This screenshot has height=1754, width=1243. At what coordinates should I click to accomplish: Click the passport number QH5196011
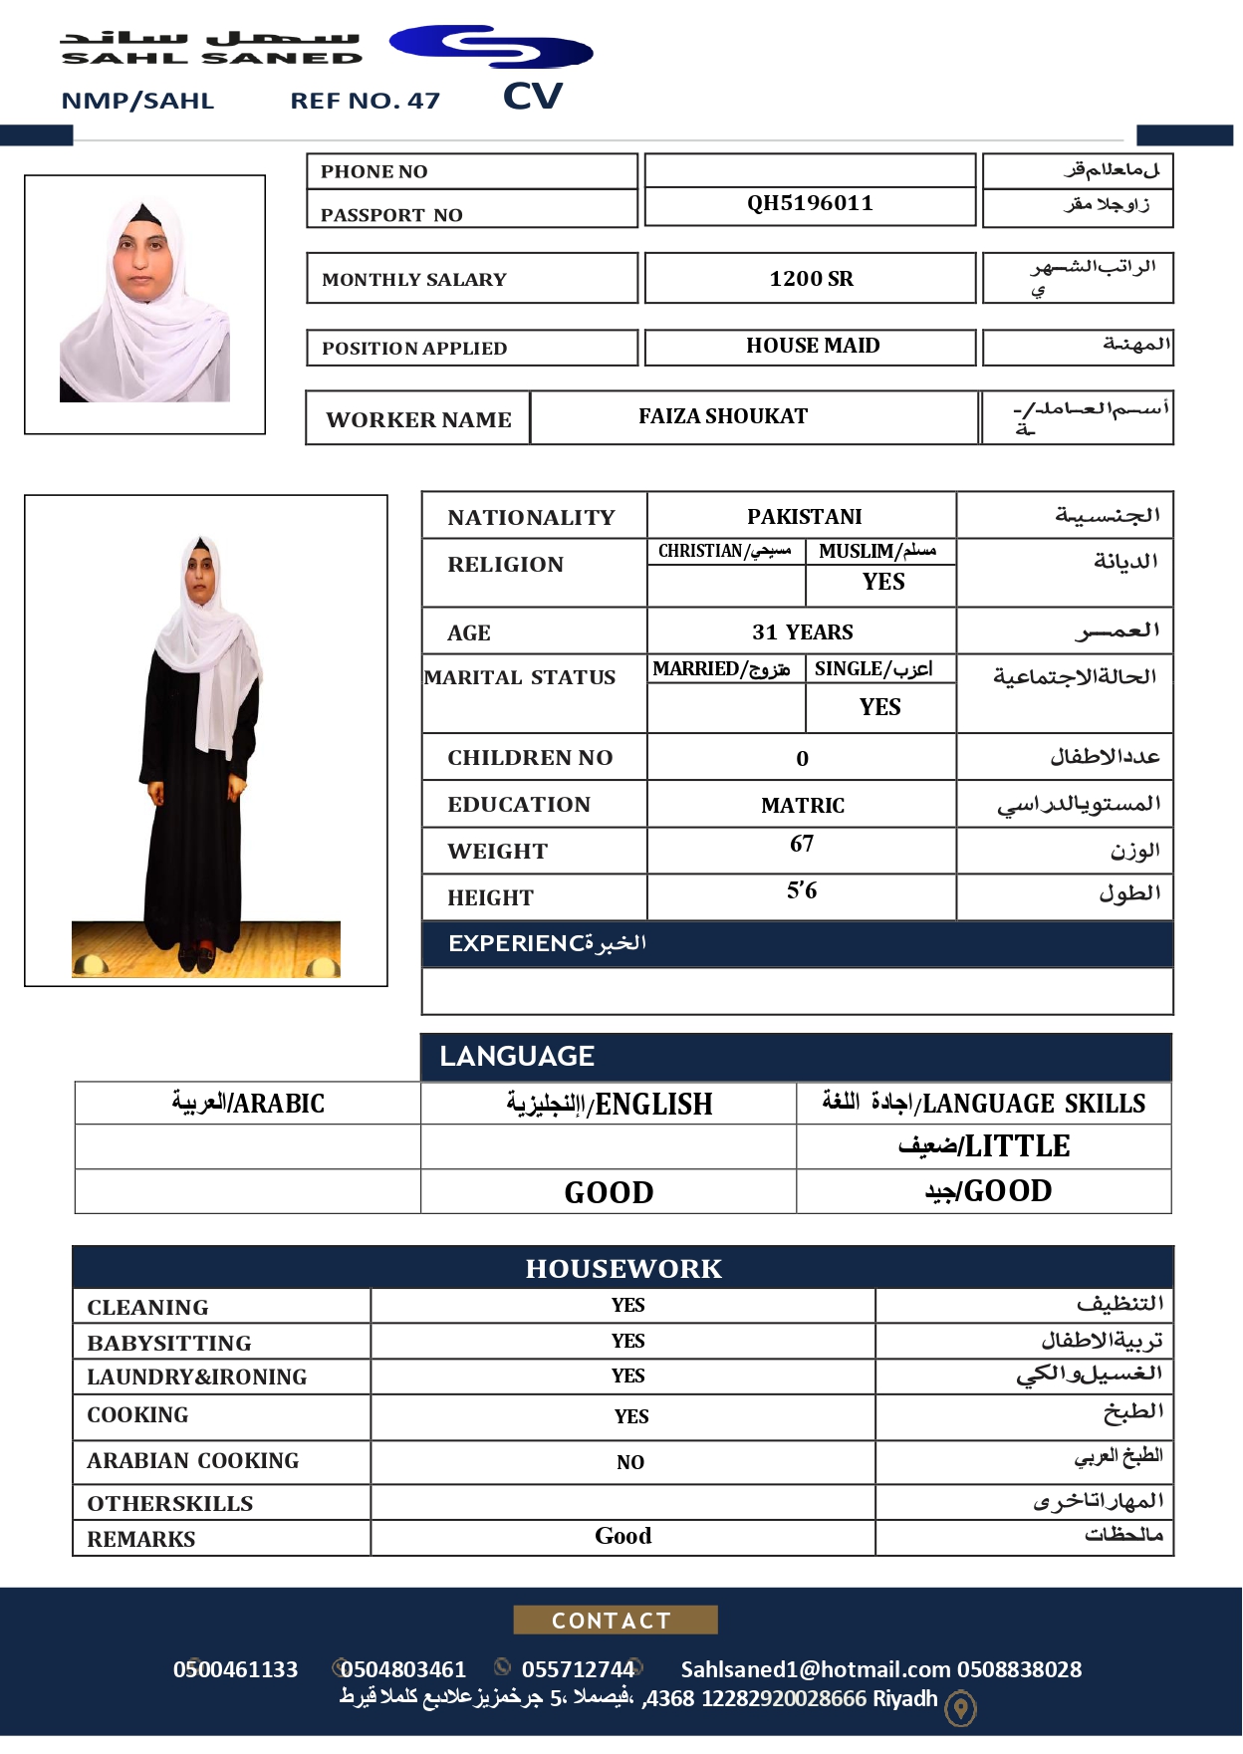point(810,203)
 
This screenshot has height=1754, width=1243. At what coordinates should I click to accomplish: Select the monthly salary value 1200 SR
point(811,279)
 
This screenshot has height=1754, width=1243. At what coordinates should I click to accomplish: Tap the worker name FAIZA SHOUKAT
point(723,416)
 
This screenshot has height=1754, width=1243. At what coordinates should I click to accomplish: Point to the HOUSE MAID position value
point(813,346)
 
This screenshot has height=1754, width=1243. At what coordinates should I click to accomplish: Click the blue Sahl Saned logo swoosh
point(491,47)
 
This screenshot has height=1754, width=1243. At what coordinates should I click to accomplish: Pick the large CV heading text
point(533,97)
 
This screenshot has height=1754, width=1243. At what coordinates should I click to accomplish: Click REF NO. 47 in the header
point(365,101)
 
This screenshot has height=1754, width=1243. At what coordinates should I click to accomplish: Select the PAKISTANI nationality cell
point(804,516)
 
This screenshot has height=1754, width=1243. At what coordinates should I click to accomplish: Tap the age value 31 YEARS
point(802,631)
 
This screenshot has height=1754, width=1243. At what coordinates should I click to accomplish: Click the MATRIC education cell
point(802,805)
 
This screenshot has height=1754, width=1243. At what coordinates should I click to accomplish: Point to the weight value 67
point(802,844)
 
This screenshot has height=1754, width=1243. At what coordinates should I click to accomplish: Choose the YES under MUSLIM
point(883,582)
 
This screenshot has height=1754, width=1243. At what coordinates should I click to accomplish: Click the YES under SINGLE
point(880,707)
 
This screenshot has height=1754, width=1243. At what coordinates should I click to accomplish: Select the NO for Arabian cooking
point(629,1462)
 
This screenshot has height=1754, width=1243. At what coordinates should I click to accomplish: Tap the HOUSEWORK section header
point(623,1268)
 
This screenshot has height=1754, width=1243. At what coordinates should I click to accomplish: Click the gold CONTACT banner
point(615,1620)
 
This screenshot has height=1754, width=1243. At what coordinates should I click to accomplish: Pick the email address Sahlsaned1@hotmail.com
point(815,1669)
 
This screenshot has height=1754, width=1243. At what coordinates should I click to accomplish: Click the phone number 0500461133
point(235,1669)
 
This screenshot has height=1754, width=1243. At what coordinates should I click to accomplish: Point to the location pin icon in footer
point(960,1709)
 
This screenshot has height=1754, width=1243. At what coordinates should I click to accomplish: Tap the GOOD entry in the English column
point(609,1192)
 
